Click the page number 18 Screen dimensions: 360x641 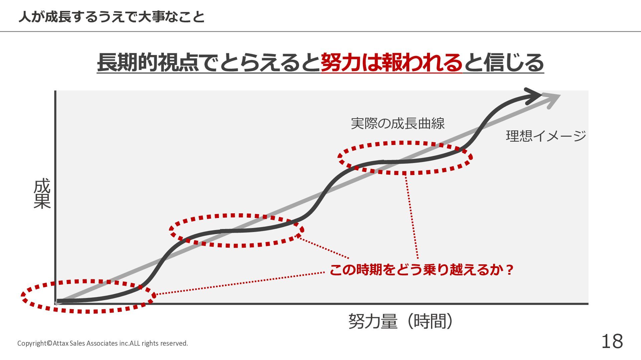tap(612, 342)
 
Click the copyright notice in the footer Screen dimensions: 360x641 tap(102, 343)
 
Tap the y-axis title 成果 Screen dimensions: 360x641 tap(42, 193)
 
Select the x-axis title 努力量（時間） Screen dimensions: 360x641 tap(401, 321)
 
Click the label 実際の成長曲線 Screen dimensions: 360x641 tap(398, 124)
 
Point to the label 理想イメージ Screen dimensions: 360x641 tap(546, 136)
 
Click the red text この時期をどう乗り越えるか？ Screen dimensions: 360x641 tap(421, 270)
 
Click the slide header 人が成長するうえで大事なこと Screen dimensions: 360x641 tap(112, 17)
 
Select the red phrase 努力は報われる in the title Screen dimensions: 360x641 tap(391, 63)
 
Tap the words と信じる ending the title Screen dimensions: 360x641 tap(503, 63)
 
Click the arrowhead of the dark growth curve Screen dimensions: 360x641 tap(533, 96)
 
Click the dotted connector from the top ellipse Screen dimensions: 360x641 tap(412, 217)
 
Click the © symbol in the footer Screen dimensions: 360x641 tap(49, 343)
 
